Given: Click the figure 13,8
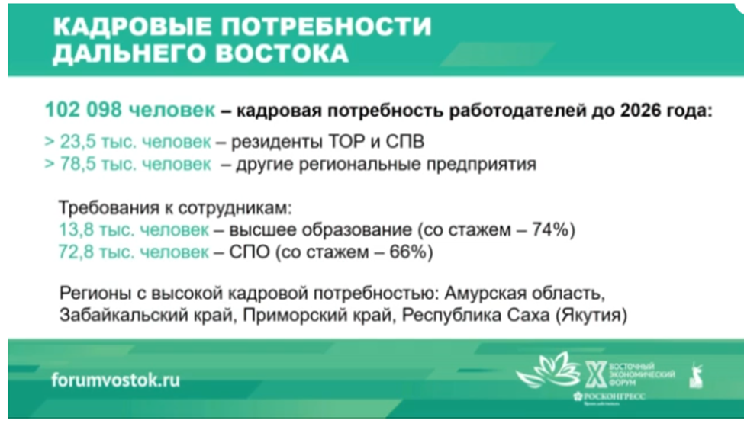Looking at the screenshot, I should coord(73,229).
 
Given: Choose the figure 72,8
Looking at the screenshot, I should coord(73,252).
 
